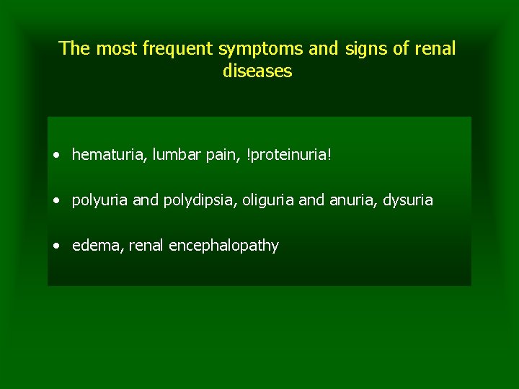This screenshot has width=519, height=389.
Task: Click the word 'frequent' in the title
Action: tap(178, 49)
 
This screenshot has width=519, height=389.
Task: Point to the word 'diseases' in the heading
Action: tap(257, 71)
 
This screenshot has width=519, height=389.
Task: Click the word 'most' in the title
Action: tap(117, 49)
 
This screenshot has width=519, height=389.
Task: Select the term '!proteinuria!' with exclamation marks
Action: tap(289, 155)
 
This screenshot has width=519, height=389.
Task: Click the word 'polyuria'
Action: tap(100, 200)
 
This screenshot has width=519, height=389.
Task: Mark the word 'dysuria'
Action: tap(408, 200)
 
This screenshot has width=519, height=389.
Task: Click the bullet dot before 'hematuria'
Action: tap(56, 156)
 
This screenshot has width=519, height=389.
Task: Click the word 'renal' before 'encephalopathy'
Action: tap(147, 246)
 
